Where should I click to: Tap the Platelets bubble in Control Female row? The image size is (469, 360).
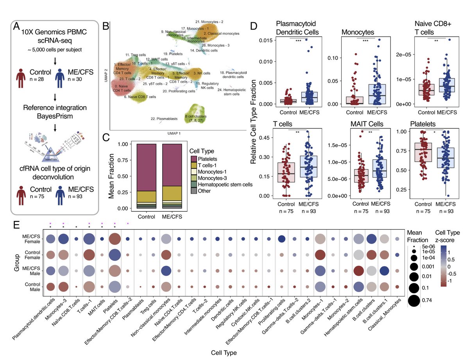(x=115, y=255)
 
